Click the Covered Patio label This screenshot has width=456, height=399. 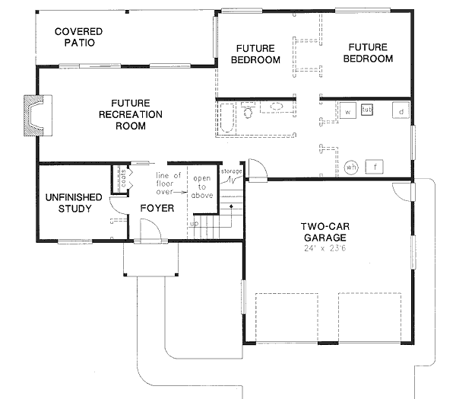[x=78, y=37]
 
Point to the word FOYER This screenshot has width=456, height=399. [x=157, y=208]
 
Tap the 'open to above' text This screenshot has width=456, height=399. [x=201, y=187]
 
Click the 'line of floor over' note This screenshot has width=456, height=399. [x=169, y=184]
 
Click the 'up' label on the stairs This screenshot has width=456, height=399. [x=194, y=225]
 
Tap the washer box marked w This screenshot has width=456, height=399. [x=347, y=112]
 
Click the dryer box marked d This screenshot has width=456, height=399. [x=401, y=112]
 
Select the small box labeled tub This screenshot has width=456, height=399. [x=367, y=110]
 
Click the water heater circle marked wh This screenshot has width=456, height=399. [x=351, y=167]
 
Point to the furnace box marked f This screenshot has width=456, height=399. [x=375, y=166]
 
